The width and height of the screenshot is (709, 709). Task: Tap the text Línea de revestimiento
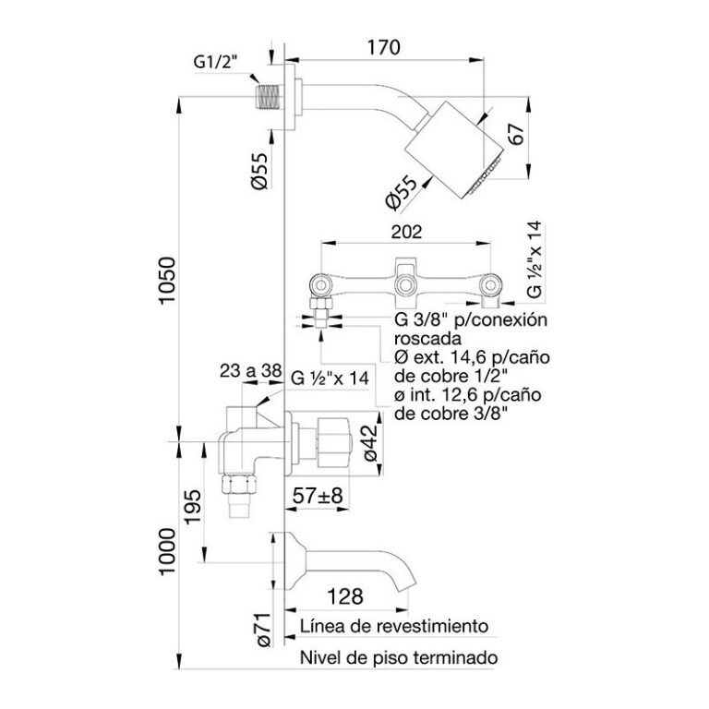pyautogui.click(x=392, y=627)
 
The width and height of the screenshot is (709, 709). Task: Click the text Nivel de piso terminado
pyautogui.click(x=399, y=658)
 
